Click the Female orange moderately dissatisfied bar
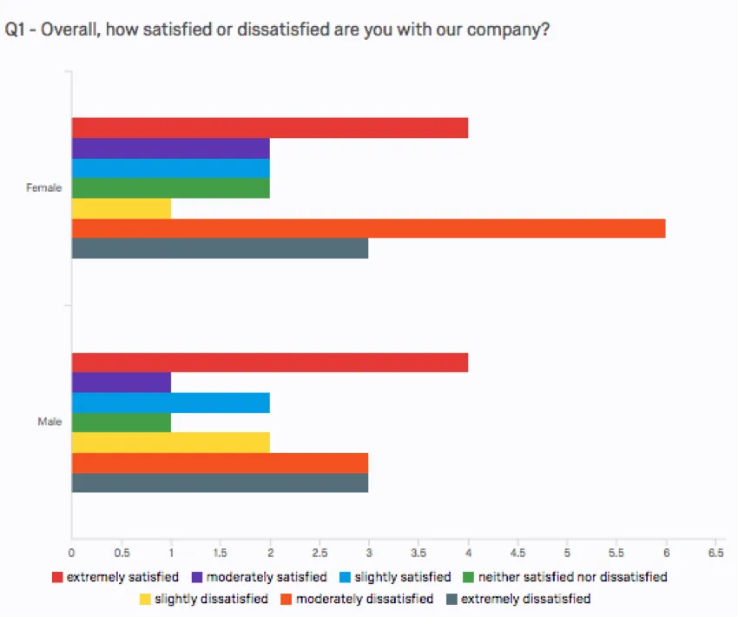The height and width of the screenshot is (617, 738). pos(368,229)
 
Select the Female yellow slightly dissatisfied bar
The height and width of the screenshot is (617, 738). pos(121,209)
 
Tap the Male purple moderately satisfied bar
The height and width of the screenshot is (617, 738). pos(121,383)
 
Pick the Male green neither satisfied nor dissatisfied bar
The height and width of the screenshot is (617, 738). pos(121,423)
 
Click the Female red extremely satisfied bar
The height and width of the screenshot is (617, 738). pos(269,128)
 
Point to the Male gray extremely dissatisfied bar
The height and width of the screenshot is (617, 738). pos(220,482)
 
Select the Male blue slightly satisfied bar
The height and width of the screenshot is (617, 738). pos(170,403)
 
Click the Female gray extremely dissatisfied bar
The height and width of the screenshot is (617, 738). pos(220,249)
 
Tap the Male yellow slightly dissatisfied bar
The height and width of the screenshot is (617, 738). pos(170,443)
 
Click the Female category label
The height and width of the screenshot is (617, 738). pos(44,188)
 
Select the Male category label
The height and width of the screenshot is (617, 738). pos(49,423)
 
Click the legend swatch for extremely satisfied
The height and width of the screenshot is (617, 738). pos(58,577)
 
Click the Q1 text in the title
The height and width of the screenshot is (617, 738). pos(16,30)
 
